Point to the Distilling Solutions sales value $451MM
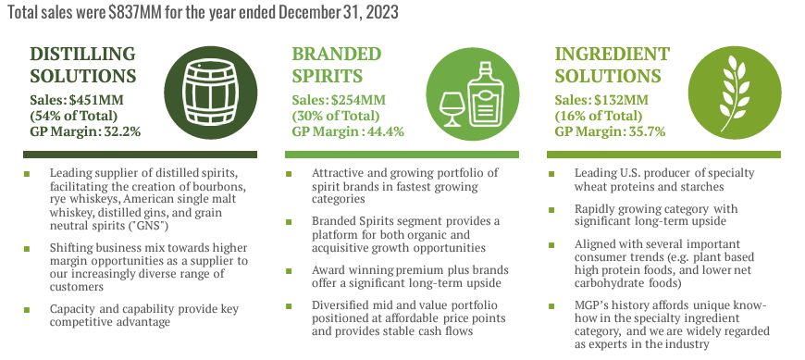[97, 100]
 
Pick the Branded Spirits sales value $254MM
[359, 100]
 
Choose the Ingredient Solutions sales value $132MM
[622, 100]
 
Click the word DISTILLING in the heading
[83, 53]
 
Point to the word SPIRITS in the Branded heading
[326, 75]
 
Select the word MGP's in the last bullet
[595, 304]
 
